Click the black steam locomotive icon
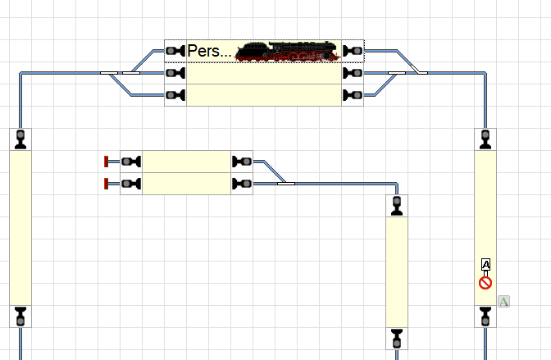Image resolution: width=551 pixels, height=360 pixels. (287, 51)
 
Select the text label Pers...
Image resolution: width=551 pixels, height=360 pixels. (209, 51)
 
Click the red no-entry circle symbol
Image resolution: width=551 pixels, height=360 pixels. (485, 283)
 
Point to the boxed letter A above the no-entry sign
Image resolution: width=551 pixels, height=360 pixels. (485, 265)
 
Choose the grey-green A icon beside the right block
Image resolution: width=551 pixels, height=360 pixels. (504, 302)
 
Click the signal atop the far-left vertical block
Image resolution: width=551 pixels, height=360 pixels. (20, 139)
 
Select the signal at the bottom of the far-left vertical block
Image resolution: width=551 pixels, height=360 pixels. (20, 316)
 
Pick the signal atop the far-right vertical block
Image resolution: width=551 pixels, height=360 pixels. (485, 139)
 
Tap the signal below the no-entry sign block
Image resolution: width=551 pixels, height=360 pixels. (485, 316)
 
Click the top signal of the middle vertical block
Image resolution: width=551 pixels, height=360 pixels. (397, 205)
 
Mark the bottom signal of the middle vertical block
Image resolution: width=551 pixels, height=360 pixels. (397, 337)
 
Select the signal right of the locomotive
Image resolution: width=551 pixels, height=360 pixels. (353, 51)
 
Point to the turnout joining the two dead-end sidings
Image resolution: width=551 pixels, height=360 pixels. (285, 183)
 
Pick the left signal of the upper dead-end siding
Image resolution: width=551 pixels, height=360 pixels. (131, 161)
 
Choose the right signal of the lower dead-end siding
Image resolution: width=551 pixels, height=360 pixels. (242, 184)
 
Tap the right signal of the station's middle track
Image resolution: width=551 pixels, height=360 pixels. (353, 73)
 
